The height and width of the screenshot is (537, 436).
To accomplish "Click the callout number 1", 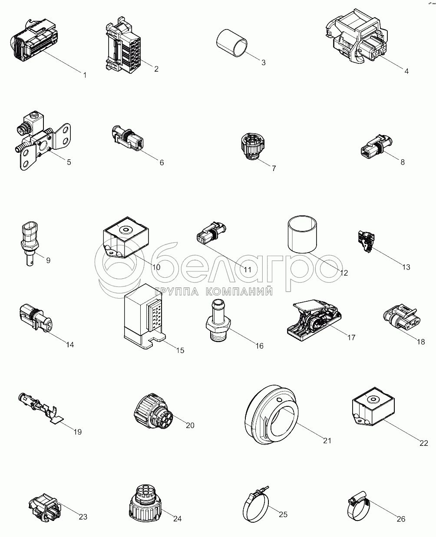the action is click(x=85, y=75).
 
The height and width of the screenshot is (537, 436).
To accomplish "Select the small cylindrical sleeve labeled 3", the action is click(x=231, y=43).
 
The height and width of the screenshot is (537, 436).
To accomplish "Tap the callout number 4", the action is click(x=406, y=71).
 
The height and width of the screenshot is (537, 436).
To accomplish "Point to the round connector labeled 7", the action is click(x=252, y=146).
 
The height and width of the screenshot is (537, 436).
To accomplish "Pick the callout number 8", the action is click(x=403, y=162).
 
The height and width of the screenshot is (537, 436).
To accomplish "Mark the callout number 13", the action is click(x=406, y=267).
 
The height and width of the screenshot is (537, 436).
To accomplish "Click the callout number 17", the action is click(x=351, y=337).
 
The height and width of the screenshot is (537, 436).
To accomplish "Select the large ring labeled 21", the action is click(x=271, y=415).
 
